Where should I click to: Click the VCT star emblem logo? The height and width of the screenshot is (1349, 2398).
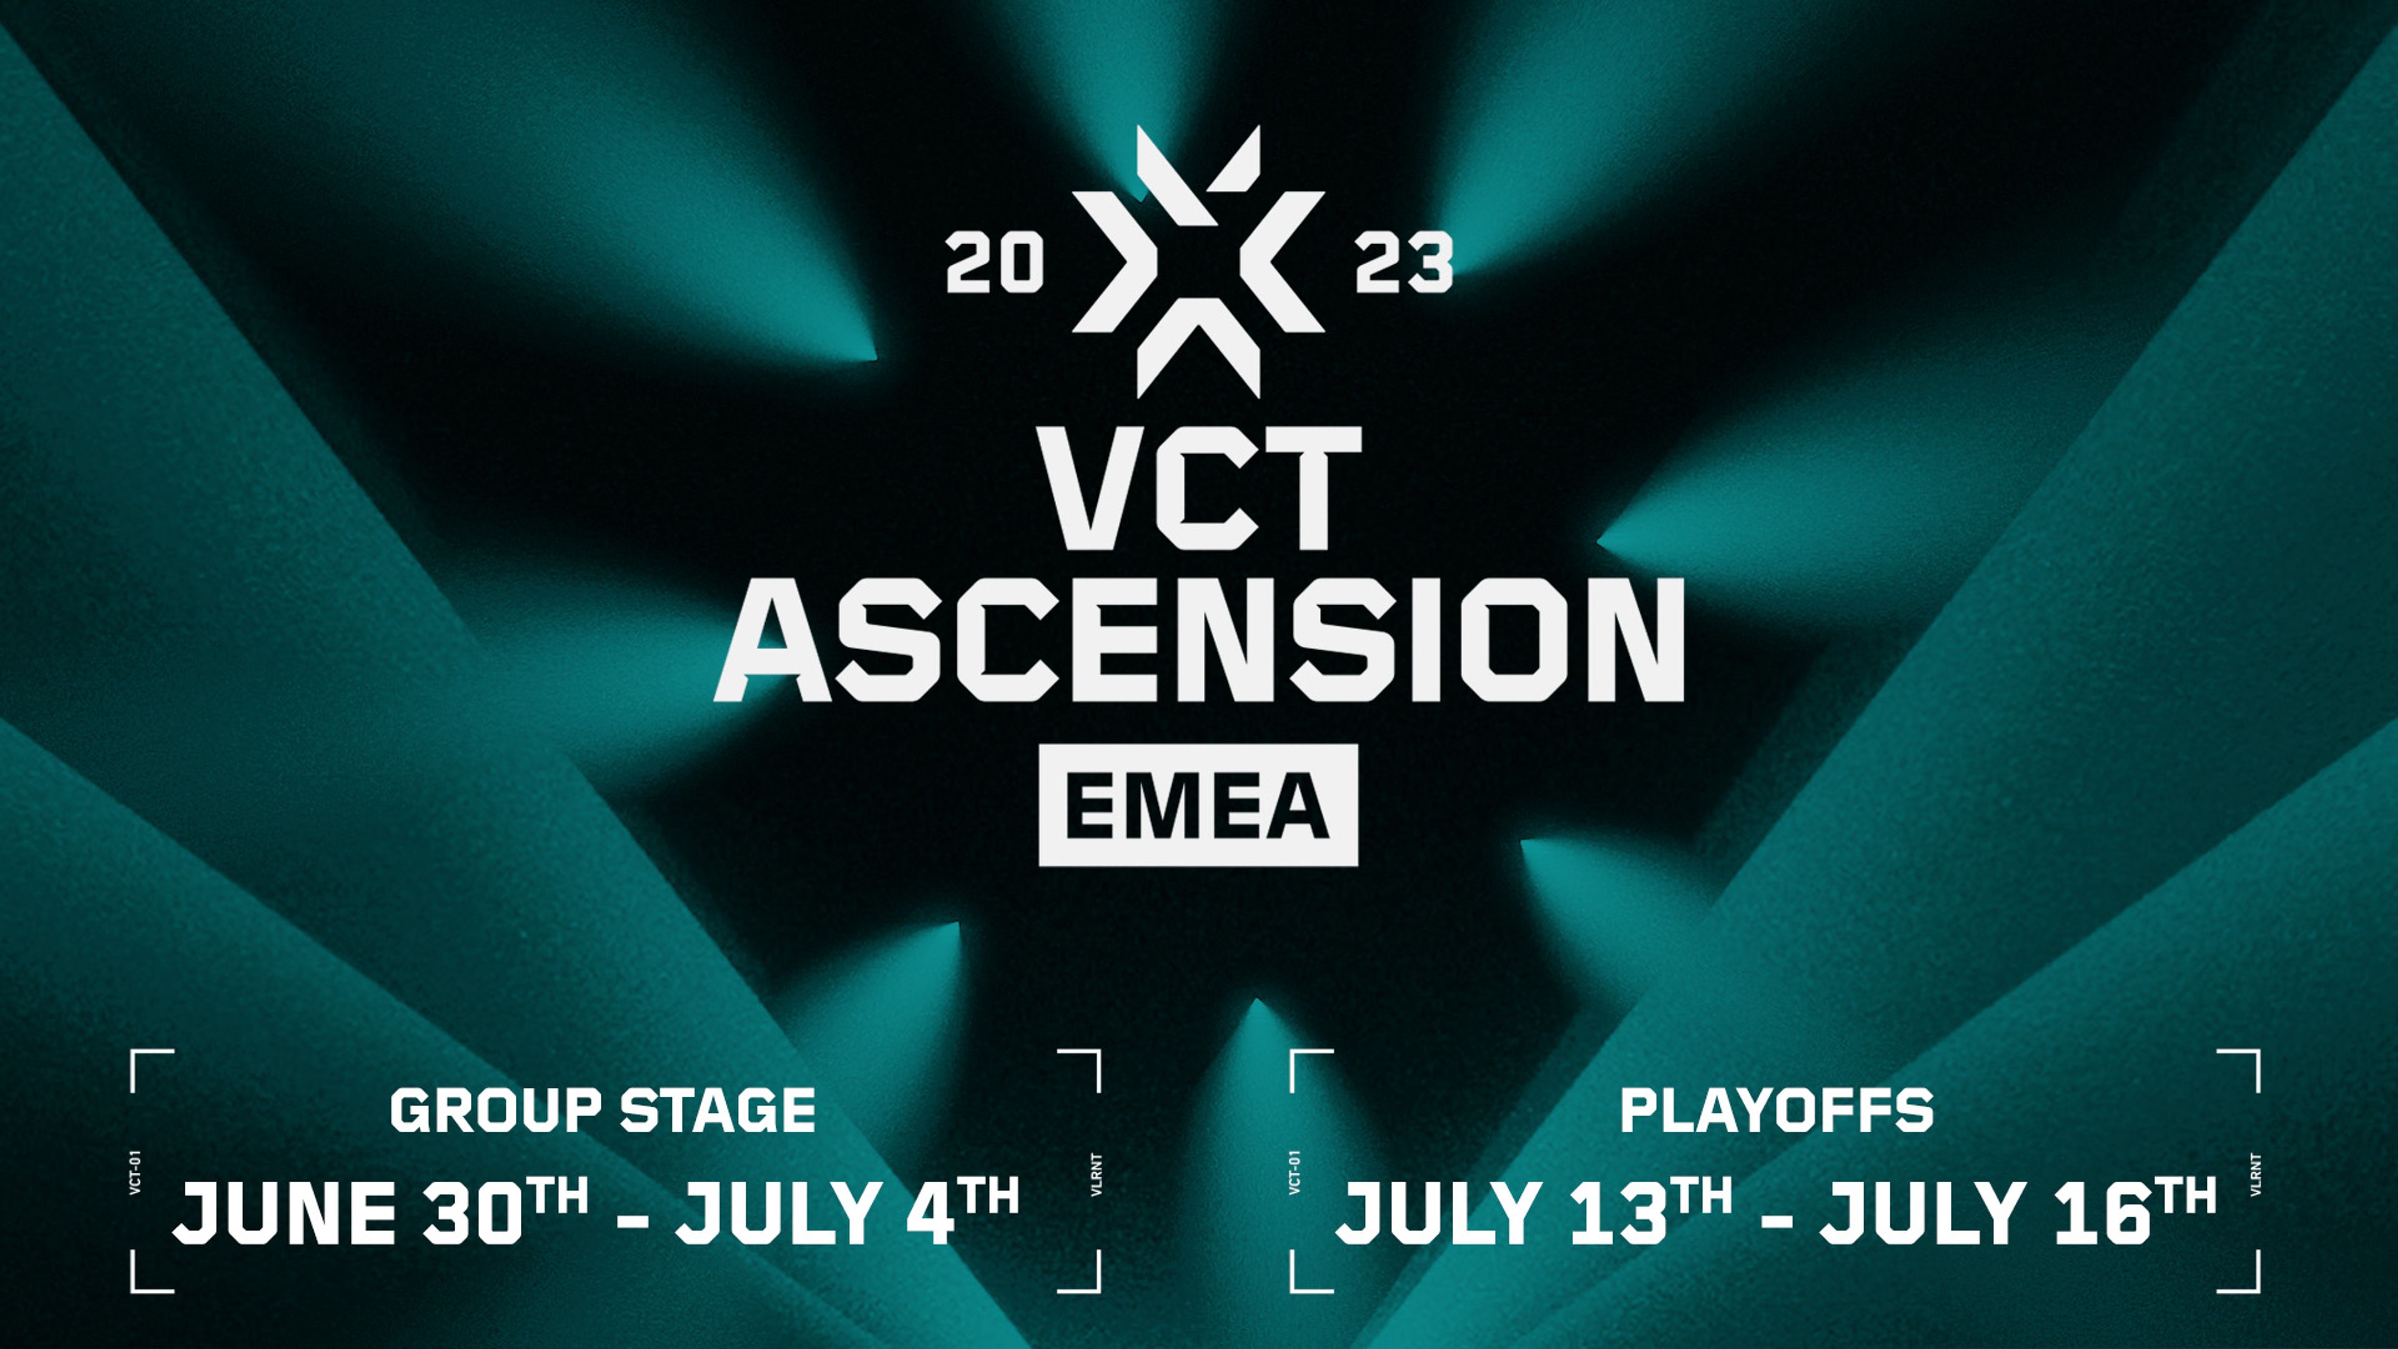tap(1198, 260)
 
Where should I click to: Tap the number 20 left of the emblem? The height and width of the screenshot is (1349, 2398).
tap(994, 264)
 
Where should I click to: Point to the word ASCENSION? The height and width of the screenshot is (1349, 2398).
tap(1199, 639)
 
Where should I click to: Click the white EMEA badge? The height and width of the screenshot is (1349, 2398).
tap(1198, 804)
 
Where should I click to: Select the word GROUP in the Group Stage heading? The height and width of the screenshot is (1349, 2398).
tap(496, 1110)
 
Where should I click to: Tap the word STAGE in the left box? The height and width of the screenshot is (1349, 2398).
tap(718, 1110)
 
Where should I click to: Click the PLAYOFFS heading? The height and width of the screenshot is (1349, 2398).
tap(1776, 1110)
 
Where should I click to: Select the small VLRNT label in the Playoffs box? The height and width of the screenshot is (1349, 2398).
tap(2254, 1174)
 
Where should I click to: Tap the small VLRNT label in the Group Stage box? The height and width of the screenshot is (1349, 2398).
tap(1096, 1174)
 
